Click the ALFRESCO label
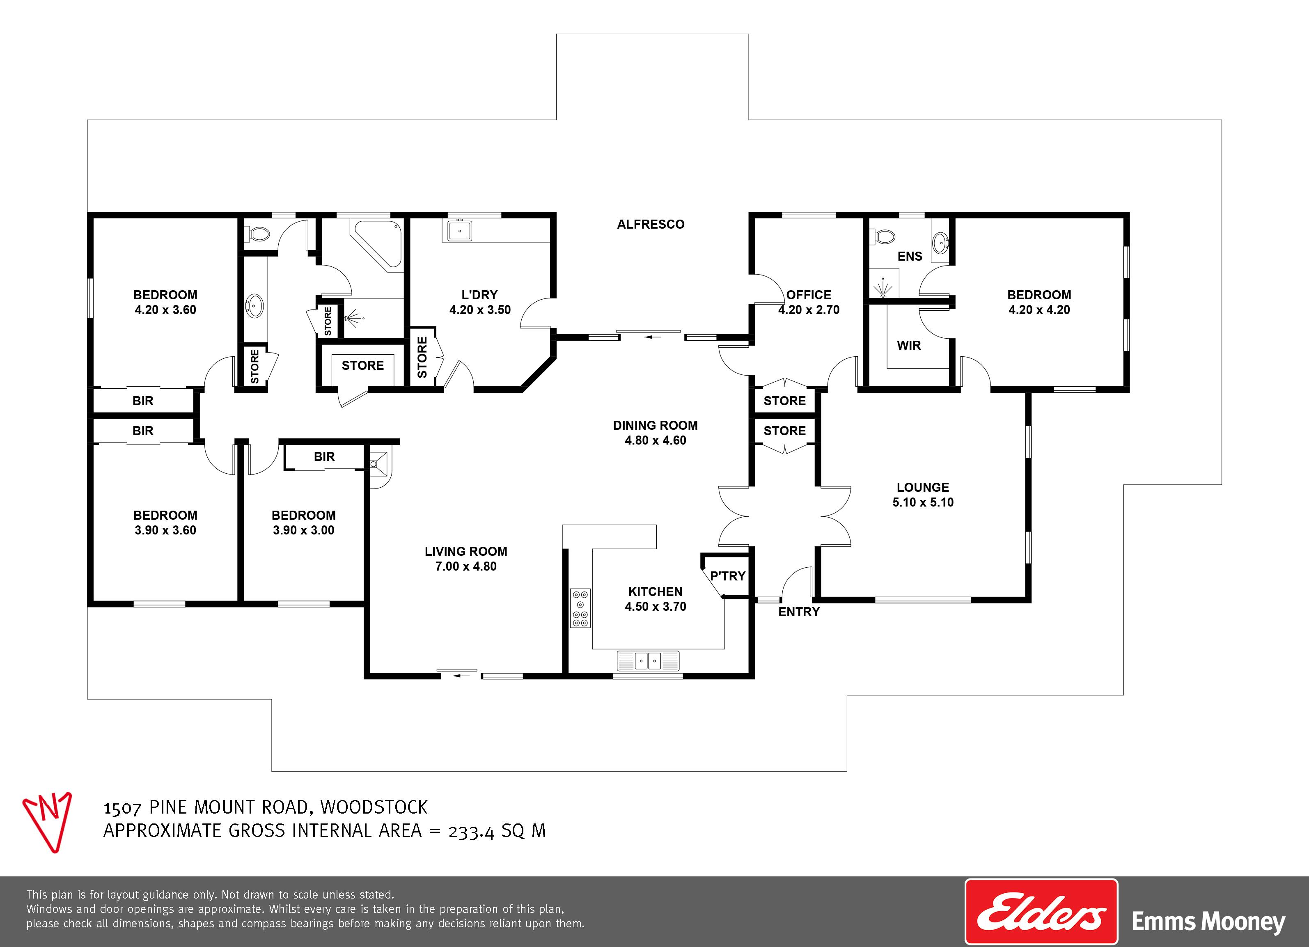(651, 225)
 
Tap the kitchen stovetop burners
(581, 608)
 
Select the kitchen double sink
(648, 660)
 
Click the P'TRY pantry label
(728, 576)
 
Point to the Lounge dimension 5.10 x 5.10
(923, 502)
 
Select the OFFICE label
(809, 295)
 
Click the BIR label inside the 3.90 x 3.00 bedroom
(324, 457)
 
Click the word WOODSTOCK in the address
(374, 807)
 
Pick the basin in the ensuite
(940, 242)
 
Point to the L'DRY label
(479, 295)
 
